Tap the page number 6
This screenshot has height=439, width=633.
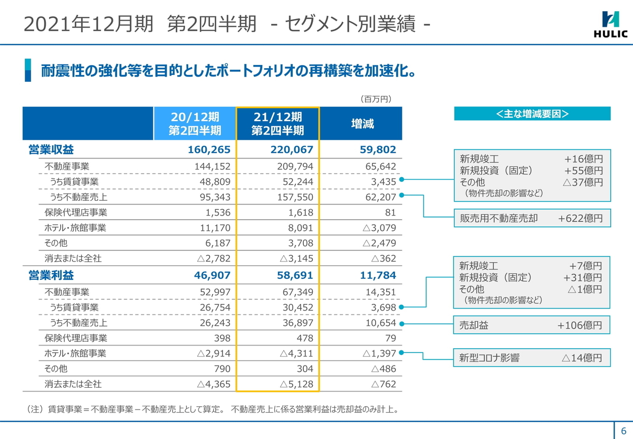(x=623, y=429)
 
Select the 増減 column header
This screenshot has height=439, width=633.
(x=362, y=124)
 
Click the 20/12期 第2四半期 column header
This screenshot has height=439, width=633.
(x=195, y=124)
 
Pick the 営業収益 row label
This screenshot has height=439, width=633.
(x=51, y=150)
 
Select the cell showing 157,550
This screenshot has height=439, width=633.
(x=295, y=197)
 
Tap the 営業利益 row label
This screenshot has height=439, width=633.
(x=51, y=275)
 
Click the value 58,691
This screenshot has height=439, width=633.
(x=295, y=275)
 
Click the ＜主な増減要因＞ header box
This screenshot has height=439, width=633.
(x=532, y=114)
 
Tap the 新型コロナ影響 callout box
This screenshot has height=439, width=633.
(x=532, y=358)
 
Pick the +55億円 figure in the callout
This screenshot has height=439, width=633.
(x=583, y=171)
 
